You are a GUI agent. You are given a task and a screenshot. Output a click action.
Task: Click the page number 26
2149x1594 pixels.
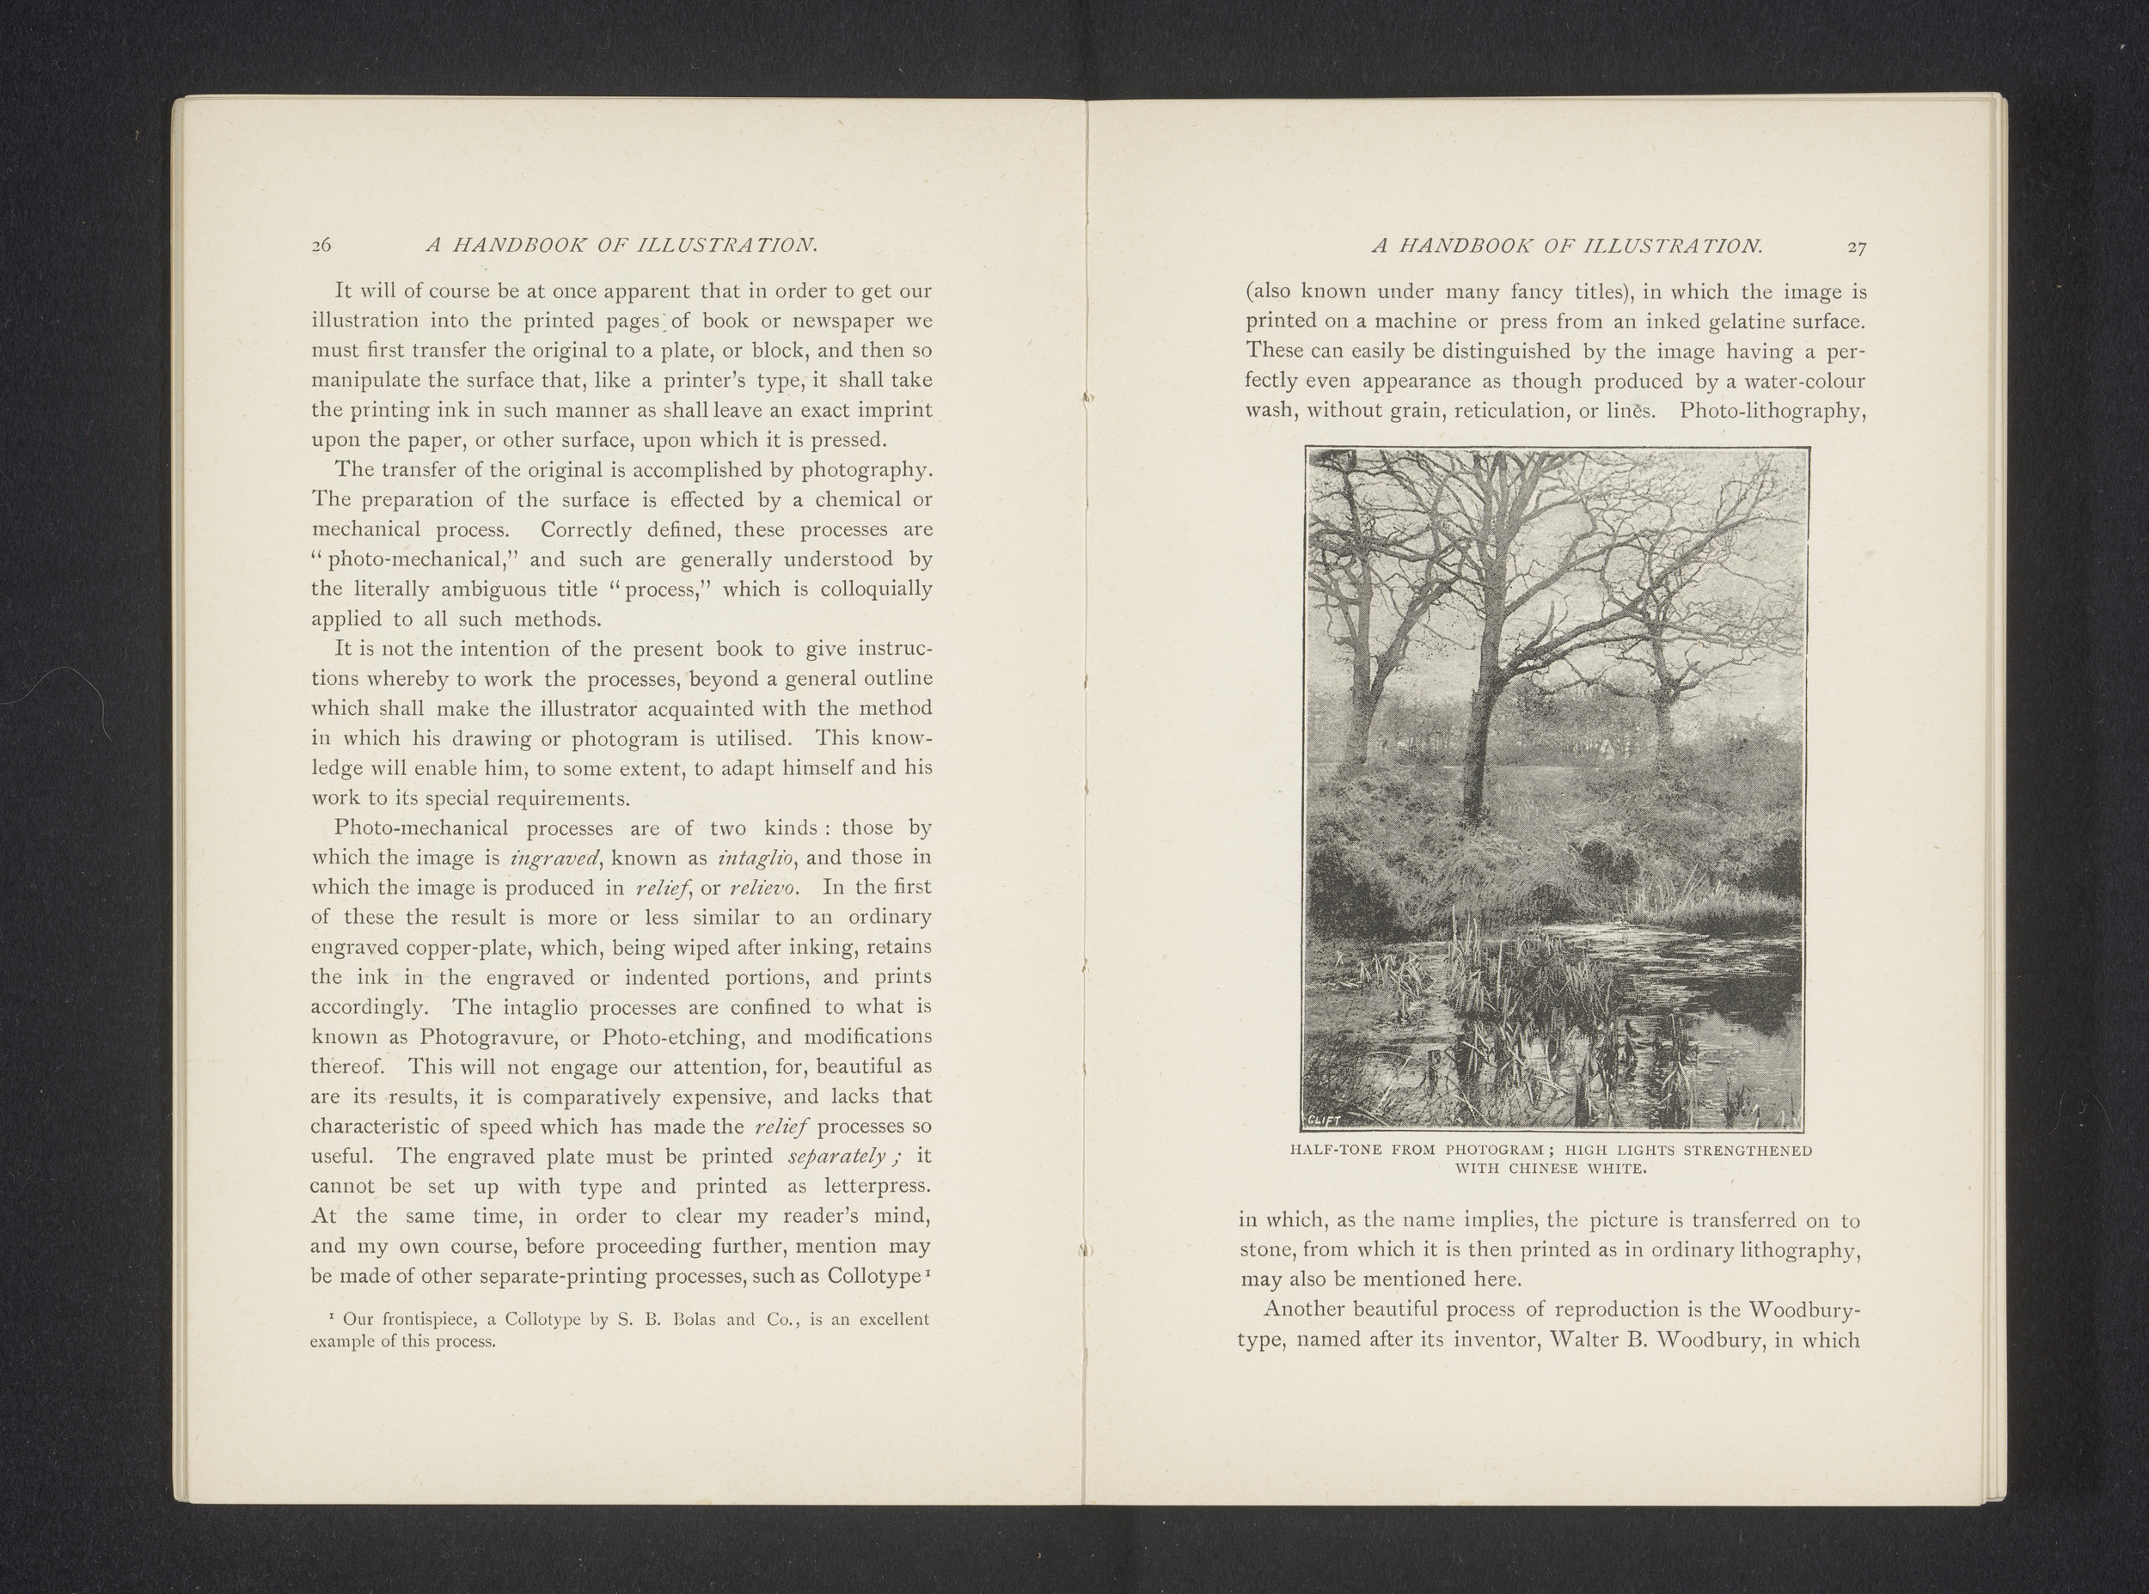tap(321, 246)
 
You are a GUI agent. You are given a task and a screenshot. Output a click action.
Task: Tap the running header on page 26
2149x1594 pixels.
tap(621, 246)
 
